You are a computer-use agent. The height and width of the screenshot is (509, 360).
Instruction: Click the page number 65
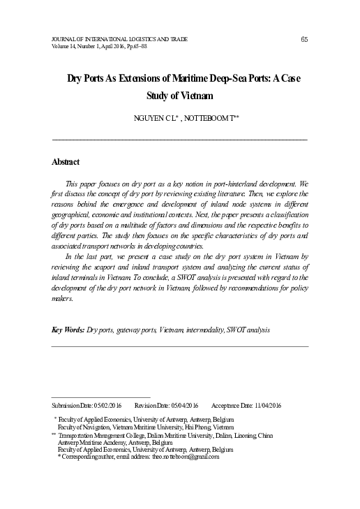click(304, 38)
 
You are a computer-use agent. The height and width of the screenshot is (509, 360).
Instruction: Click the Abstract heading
click(66, 162)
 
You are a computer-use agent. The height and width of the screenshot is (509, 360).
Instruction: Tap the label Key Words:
click(68, 329)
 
